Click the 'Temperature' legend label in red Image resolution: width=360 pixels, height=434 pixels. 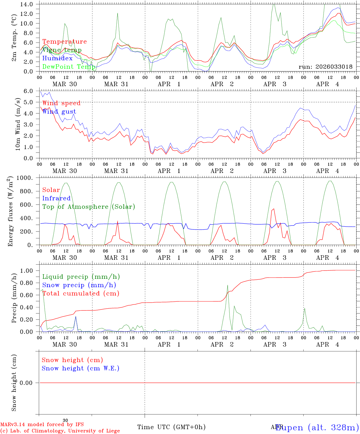(64, 42)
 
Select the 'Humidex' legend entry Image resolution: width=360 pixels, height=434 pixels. (57, 58)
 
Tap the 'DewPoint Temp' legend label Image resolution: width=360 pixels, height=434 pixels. (69, 67)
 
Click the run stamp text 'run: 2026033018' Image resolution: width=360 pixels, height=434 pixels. (325, 67)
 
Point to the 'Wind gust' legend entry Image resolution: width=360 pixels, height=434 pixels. (59, 112)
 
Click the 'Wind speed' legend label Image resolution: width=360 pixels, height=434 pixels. (61, 103)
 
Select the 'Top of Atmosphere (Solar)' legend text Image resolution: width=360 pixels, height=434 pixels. (88, 207)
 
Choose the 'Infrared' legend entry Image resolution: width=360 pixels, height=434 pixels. (56, 198)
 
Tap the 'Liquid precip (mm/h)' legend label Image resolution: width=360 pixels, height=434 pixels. (81, 277)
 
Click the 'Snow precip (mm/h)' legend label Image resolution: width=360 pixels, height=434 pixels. (79, 285)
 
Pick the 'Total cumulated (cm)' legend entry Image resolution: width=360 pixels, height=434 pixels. (81, 293)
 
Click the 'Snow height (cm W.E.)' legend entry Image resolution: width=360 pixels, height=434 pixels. (80, 368)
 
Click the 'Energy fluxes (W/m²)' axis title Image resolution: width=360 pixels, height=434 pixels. (11, 212)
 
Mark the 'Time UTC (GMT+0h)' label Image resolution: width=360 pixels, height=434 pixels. (171, 427)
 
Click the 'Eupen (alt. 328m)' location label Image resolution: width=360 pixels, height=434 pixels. (317, 427)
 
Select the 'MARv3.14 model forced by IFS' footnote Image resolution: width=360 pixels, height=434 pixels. (42, 425)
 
